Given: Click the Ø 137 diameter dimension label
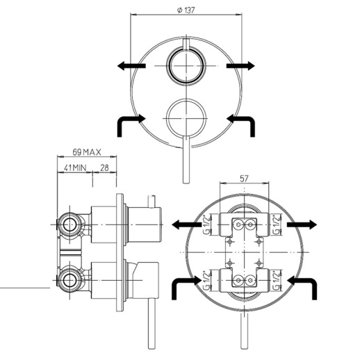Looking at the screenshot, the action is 186,10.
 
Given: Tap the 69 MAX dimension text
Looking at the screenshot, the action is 87,152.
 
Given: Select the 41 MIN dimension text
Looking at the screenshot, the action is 75,167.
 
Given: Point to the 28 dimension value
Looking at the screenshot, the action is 104,167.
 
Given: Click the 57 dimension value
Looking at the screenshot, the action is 244,179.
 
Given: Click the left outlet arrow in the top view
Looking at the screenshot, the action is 131,66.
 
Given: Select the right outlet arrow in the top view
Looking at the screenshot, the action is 240,66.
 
